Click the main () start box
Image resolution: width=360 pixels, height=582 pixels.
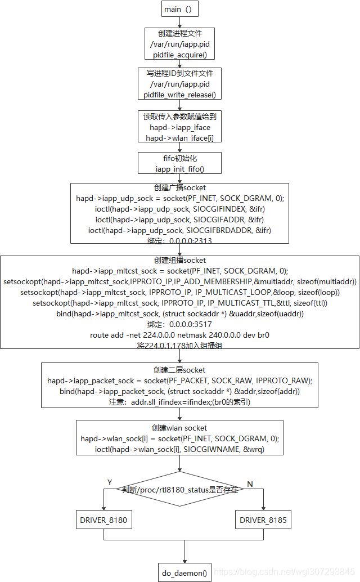pos(180,9)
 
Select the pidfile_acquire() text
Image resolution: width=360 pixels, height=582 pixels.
pos(180,55)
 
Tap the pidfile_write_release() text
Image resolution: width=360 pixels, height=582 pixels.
pos(179,95)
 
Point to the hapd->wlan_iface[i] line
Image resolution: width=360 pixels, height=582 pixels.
pos(179,138)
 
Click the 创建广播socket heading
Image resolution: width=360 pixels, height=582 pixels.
pos(179,187)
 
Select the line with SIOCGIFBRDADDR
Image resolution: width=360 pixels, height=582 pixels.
pos(179,230)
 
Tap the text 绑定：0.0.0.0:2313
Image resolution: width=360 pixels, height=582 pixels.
pos(179,241)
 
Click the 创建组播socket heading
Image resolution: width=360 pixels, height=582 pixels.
pos(179,260)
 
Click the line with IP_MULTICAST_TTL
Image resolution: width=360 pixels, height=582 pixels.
pos(180,303)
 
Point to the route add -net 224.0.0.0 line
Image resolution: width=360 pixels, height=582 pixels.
pos(180,335)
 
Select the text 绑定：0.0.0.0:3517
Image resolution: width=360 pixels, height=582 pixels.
pos(179,324)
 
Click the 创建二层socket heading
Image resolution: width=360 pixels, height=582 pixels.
pos(179,369)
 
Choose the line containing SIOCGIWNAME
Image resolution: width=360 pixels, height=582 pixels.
pos(180,449)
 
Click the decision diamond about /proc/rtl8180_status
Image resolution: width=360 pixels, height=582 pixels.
pos(180,490)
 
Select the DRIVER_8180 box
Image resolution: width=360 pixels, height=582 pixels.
pos(103,520)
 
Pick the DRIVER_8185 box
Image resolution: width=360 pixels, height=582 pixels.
pos(263,520)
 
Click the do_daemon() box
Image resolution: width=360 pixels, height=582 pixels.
pos(184,574)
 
